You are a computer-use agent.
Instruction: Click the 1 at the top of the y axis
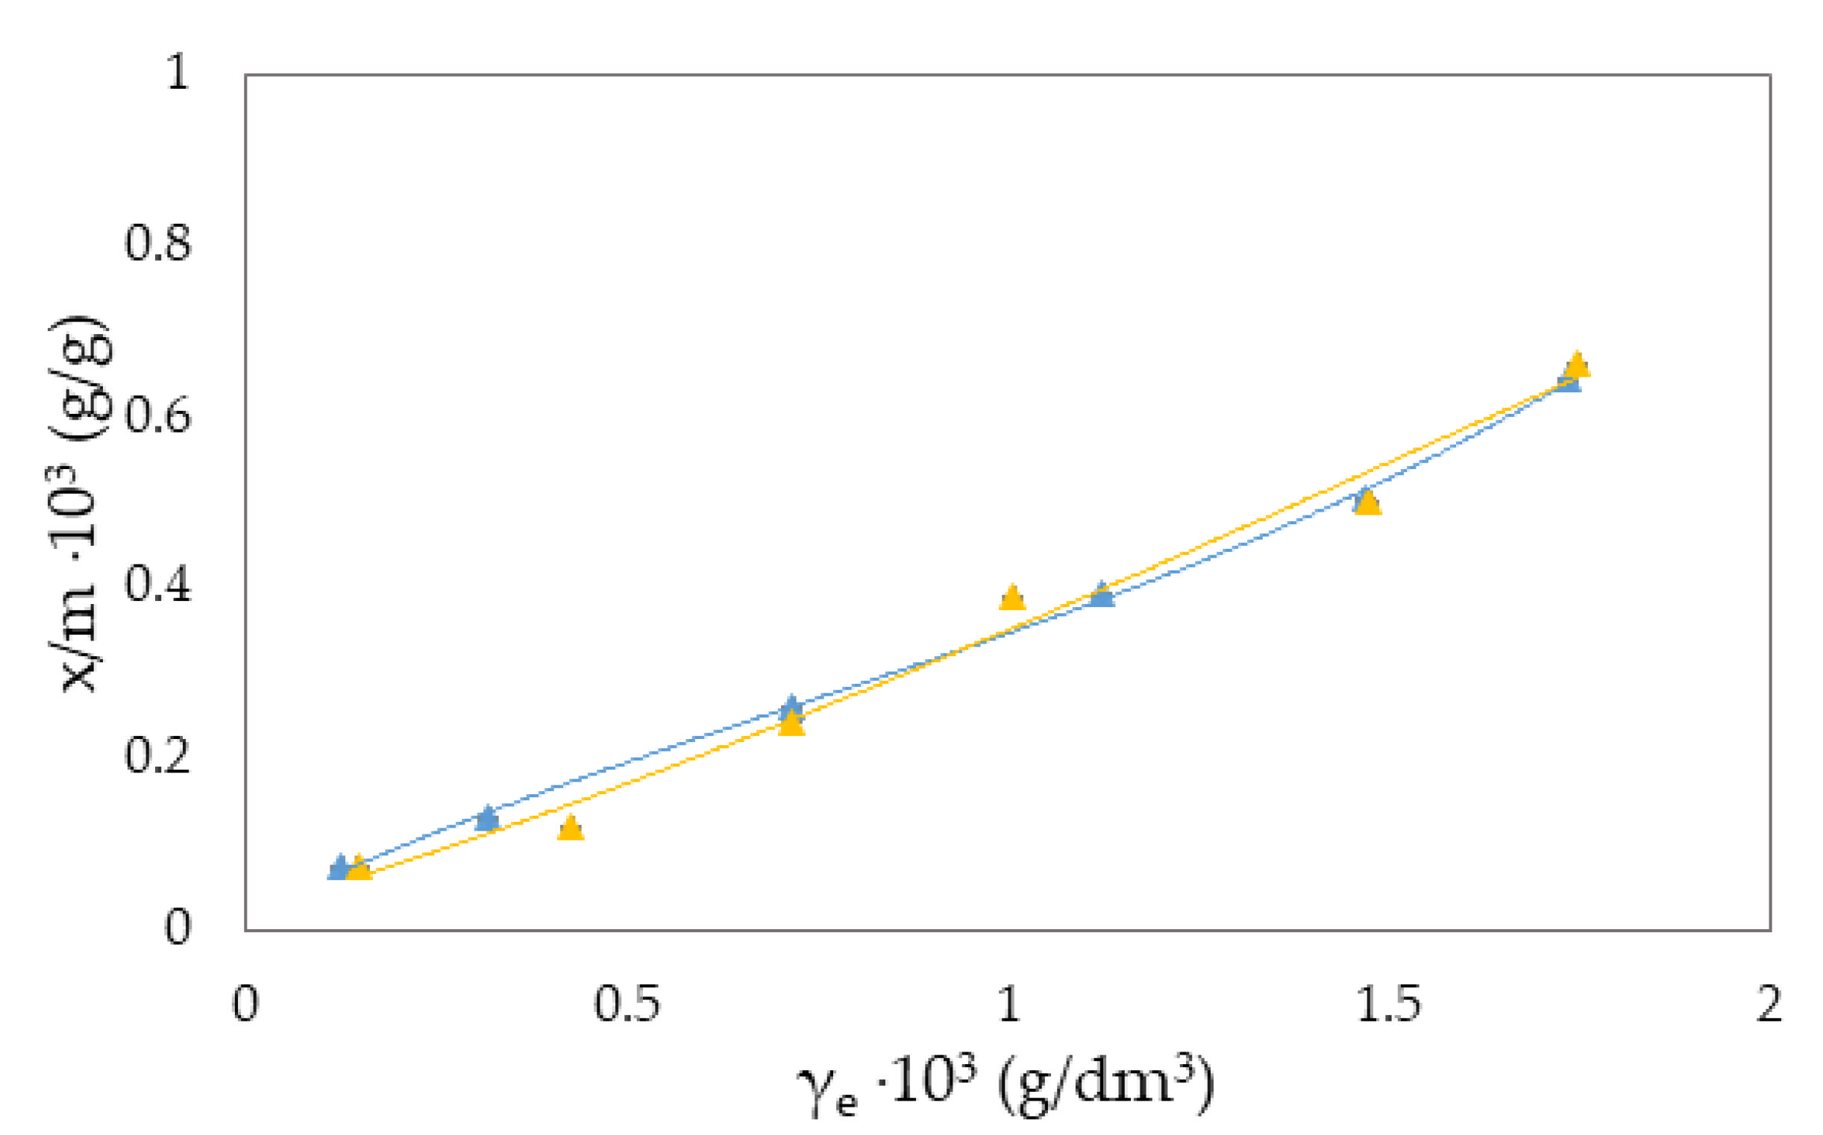coord(178,74)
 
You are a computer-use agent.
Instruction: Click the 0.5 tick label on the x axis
coord(627,1004)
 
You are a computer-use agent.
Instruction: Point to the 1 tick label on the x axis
coord(1009,1004)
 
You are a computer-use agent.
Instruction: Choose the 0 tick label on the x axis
coord(245,1004)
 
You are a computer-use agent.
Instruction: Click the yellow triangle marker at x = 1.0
coord(1012,597)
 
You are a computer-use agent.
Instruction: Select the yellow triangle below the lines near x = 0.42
coord(571,827)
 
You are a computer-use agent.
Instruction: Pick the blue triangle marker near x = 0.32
coord(487,817)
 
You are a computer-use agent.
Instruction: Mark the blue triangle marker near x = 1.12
coord(1102,594)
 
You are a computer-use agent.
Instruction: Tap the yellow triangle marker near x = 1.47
coord(1368,502)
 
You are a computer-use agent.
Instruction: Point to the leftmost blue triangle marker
coord(339,867)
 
